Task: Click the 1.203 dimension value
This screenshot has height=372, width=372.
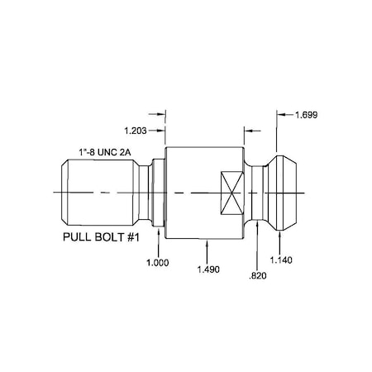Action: coord(136,131)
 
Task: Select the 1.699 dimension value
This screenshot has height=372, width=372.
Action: coord(307,115)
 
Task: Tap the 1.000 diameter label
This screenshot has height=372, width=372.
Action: coord(156,261)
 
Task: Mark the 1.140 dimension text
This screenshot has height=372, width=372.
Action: coord(283,260)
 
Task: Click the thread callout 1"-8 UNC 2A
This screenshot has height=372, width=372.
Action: coord(103,150)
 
